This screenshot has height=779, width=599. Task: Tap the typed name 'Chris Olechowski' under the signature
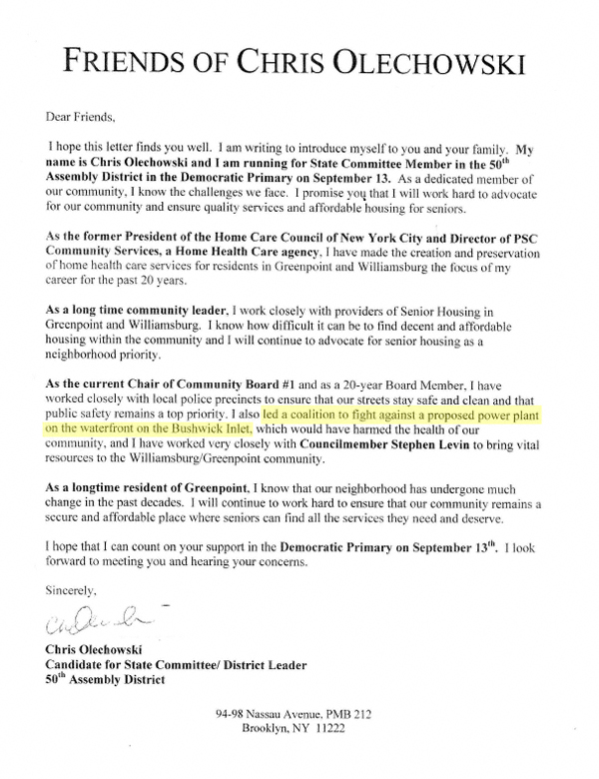[x=98, y=652]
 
